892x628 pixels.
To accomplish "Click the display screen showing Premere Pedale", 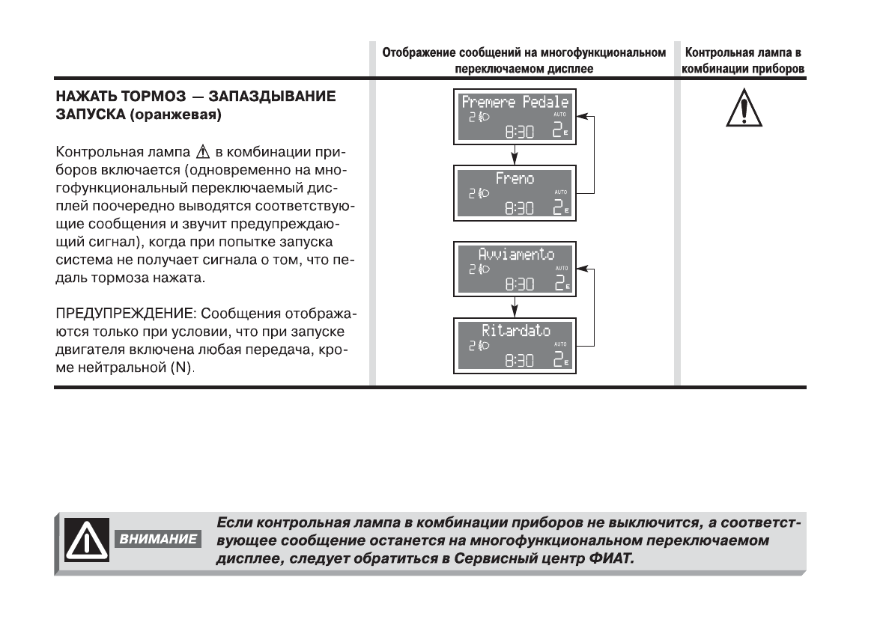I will [x=515, y=118].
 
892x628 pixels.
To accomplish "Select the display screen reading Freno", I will [x=515, y=192].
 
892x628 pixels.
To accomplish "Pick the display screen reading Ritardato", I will [x=515, y=344].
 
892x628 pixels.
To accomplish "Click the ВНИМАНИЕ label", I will [x=157, y=539].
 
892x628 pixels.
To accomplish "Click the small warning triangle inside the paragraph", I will [x=180, y=153].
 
